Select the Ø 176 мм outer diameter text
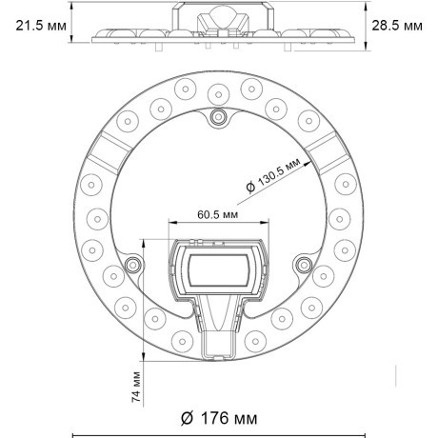[218, 417]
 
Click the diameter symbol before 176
[187, 417]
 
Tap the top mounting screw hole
[219, 115]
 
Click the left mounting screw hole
[134, 263]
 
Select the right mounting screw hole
[304, 263]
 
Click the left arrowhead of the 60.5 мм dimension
[172, 225]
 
